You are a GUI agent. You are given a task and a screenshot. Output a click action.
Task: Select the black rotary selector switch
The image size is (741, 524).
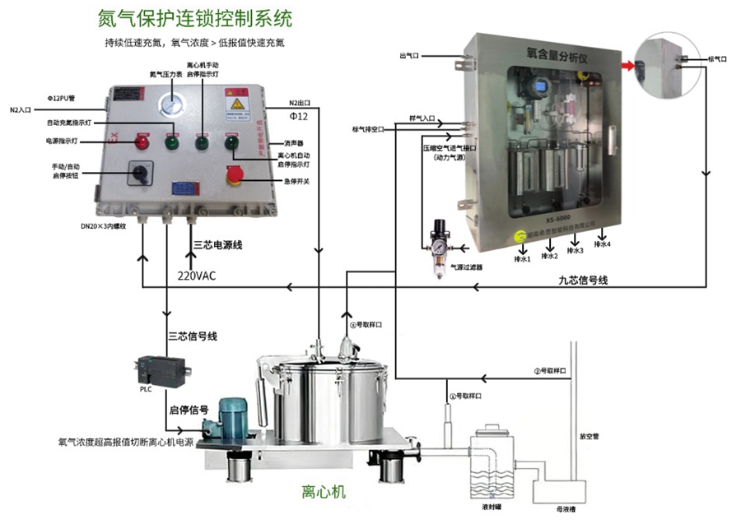pos(135,174)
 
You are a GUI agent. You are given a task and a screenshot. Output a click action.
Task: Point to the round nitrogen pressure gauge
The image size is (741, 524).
pos(174,104)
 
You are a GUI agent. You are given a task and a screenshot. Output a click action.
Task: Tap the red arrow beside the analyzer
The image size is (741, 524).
pos(628,65)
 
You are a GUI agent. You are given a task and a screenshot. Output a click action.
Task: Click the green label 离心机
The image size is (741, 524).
pos(324,493)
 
